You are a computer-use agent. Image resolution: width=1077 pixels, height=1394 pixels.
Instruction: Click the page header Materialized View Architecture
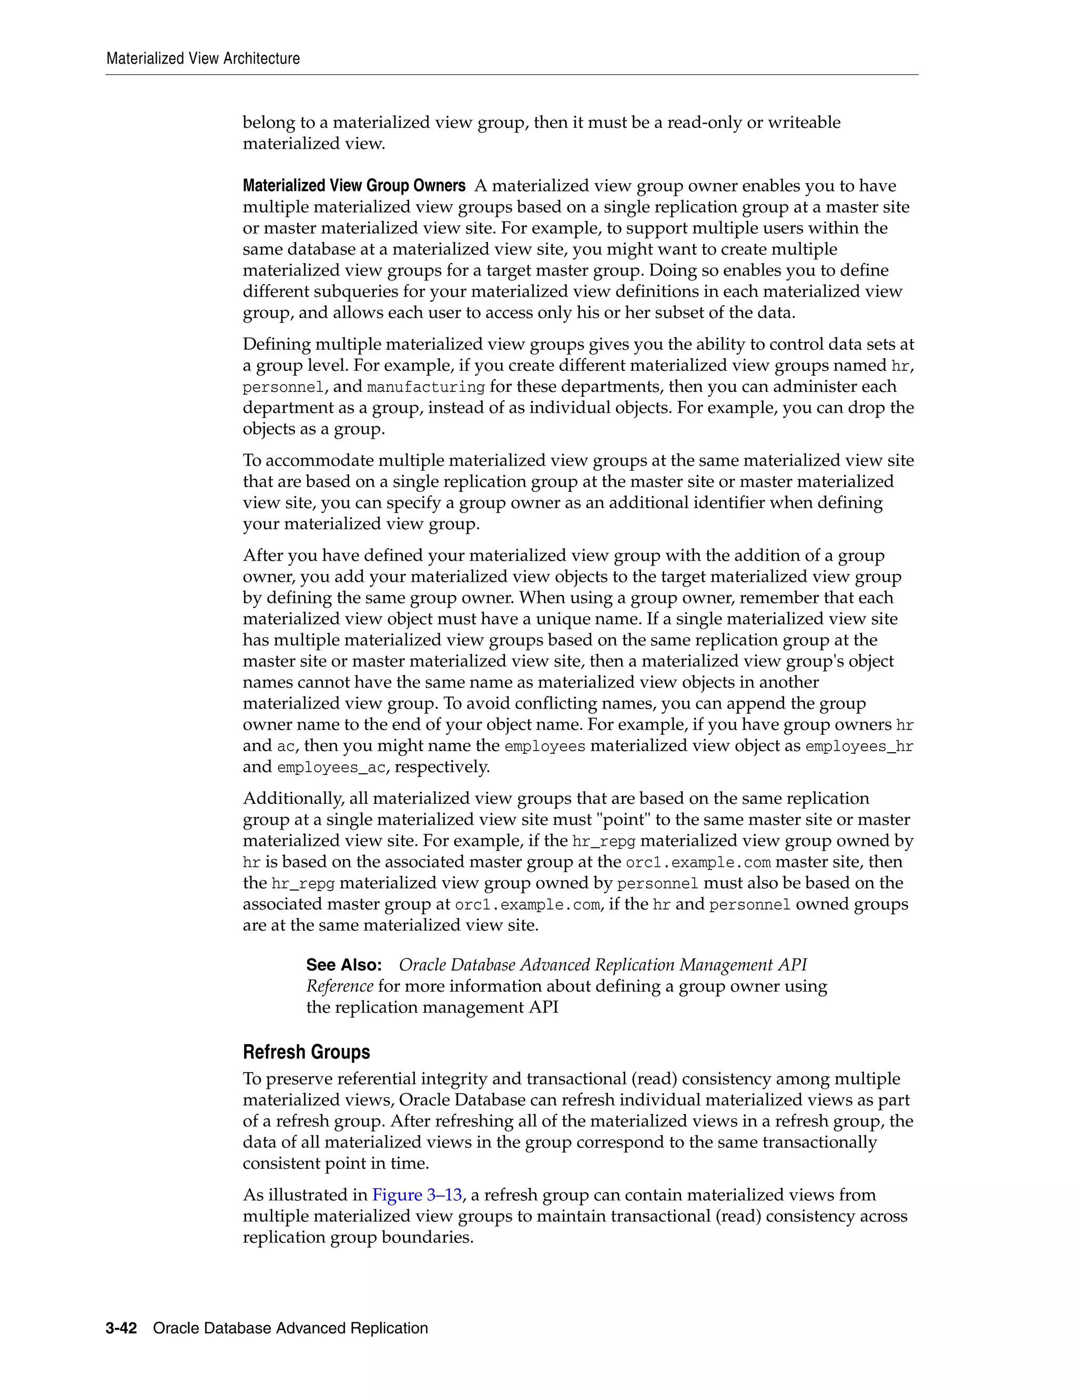click(x=203, y=59)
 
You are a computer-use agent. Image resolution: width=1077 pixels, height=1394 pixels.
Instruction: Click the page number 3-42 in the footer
click(x=121, y=1328)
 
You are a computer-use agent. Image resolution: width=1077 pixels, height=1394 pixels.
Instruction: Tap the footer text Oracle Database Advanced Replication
click(x=290, y=1328)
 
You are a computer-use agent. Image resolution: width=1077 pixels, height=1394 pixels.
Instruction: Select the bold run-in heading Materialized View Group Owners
click(x=354, y=186)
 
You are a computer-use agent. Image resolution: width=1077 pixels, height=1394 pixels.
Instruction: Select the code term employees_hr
click(x=859, y=746)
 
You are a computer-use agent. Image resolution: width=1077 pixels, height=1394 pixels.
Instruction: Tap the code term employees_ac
click(x=331, y=767)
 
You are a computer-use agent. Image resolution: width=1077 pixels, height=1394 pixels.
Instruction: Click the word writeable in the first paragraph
click(x=804, y=123)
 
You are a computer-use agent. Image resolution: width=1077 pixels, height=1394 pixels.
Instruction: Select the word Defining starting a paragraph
click(x=276, y=344)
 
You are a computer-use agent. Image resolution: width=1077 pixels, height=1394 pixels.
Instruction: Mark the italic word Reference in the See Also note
click(x=339, y=986)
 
